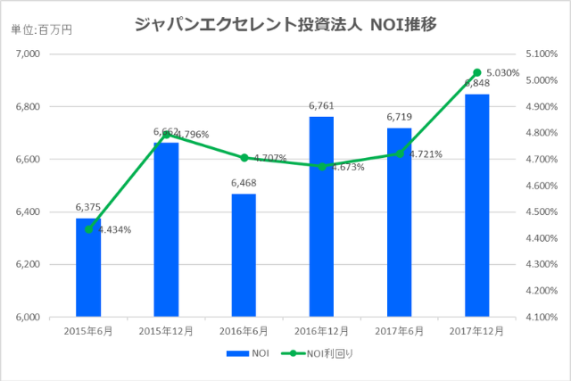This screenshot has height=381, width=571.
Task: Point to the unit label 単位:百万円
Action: pos(41,29)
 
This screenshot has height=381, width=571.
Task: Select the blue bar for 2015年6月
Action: pos(88,268)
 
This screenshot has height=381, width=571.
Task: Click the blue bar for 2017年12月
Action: pos(476,205)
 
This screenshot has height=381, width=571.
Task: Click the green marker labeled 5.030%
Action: pos(476,72)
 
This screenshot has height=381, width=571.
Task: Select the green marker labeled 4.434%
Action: pos(88,229)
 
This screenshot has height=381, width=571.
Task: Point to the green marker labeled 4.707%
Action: pos(244,158)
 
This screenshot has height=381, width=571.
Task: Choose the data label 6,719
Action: pos(399,117)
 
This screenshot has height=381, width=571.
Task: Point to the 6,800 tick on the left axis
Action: pos(29,107)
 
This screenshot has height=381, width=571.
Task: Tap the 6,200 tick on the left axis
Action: pos(29,265)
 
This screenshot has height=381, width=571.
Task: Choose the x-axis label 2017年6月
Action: pos(399,330)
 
